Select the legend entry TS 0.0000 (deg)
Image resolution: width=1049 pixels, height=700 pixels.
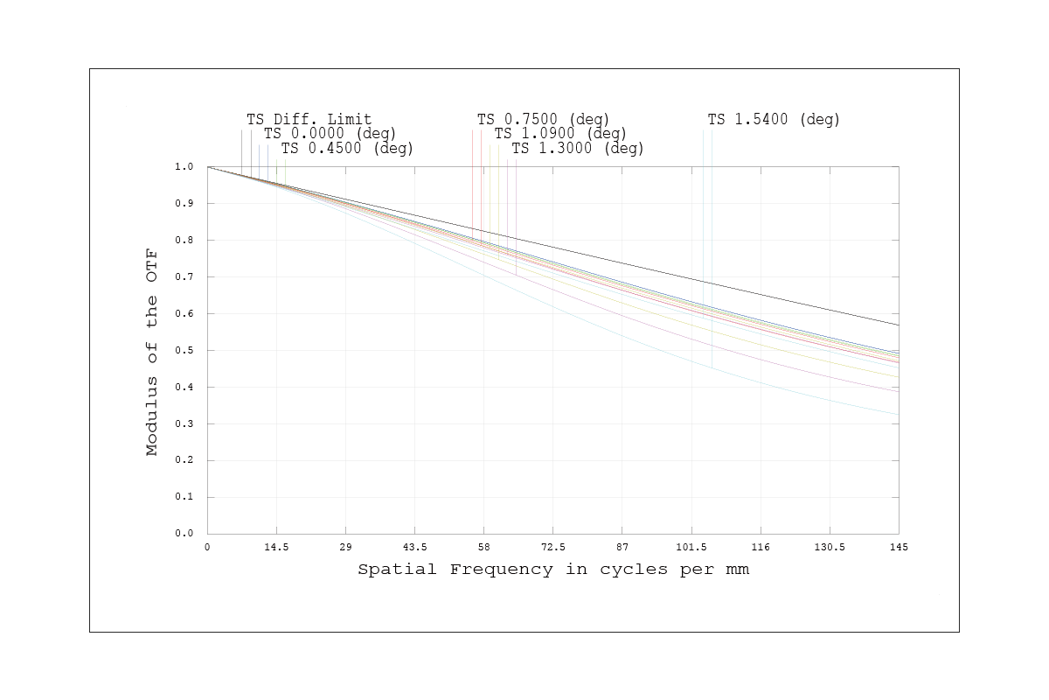[330, 133]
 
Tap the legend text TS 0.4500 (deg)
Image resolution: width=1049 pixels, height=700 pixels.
[347, 148]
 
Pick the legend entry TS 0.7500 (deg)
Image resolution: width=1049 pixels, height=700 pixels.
[543, 118]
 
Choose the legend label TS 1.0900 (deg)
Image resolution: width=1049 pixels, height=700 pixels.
[560, 133]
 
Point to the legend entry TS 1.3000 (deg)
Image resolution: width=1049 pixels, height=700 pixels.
[578, 148]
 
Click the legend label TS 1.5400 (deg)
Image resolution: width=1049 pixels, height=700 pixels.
[774, 118]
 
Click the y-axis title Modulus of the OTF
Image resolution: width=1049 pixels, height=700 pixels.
[153, 350]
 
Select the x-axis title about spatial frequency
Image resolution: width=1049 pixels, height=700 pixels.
[553, 570]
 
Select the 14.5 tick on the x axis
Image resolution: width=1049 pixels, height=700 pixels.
[276, 547]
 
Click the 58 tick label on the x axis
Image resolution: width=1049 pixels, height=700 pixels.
[484, 547]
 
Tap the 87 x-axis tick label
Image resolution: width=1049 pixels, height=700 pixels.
[622, 547]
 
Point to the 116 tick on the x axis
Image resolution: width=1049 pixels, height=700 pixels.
[761, 547]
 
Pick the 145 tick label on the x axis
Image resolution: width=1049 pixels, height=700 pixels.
[898, 547]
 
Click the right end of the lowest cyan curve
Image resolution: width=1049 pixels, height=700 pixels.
[898, 414]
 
